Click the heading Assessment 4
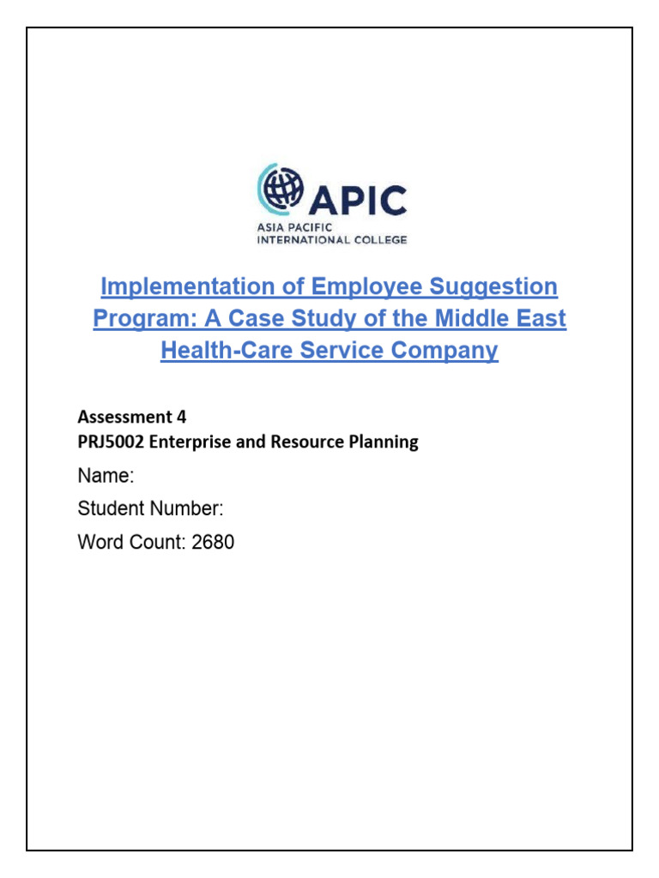pyautogui.click(x=131, y=417)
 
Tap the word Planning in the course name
pyautogui.click(x=385, y=442)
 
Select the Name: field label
pyautogui.click(x=106, y=477)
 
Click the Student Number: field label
pyautogui.click(x=150, y=509)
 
